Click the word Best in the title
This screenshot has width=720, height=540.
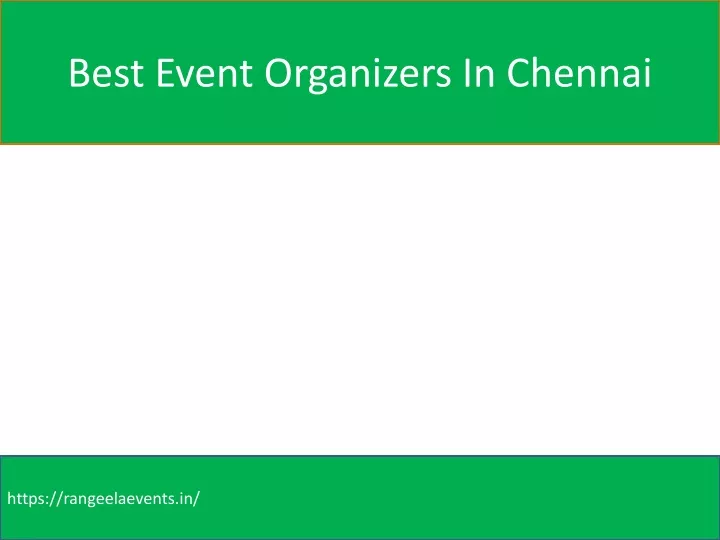(106, 73)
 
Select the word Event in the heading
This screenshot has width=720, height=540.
(204, 73)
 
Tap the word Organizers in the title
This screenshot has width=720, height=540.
(358, 75)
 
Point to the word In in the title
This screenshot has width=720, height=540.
(479, 73)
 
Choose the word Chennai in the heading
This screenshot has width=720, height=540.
(579, 73)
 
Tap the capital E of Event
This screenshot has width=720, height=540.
(165, 73)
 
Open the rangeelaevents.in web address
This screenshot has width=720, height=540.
(103, 499)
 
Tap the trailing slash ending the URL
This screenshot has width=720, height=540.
(197, 499)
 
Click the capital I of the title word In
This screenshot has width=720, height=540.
(467, 73)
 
